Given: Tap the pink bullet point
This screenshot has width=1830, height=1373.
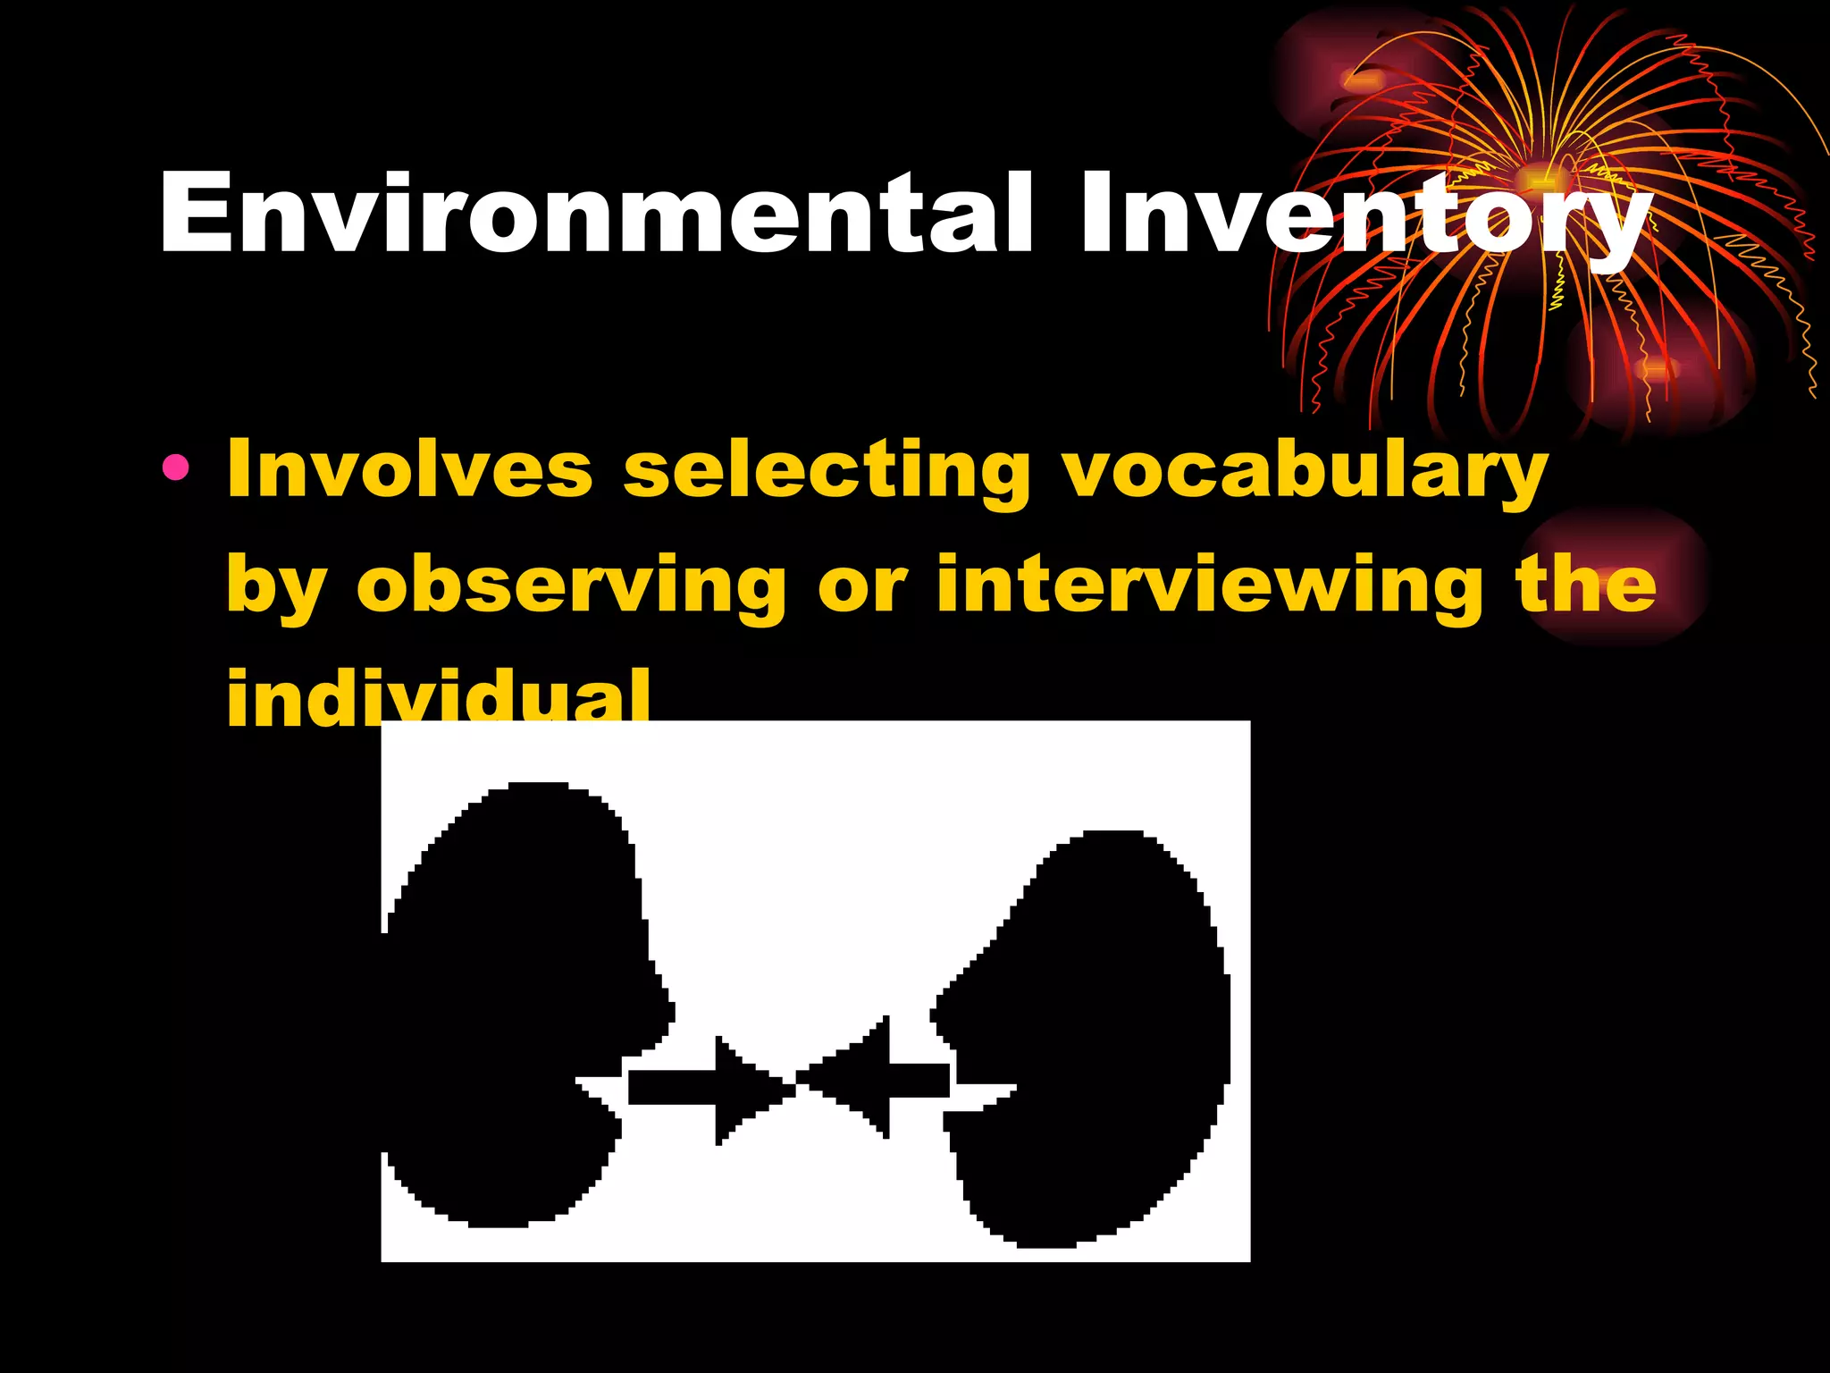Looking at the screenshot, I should [x=176, y=467].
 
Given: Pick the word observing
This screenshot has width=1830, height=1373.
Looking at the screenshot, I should [x=571, y=586].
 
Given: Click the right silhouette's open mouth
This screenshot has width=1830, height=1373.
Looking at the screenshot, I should [x=983, y=1096].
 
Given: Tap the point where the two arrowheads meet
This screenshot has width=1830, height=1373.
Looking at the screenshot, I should [x=795, y=1084].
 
